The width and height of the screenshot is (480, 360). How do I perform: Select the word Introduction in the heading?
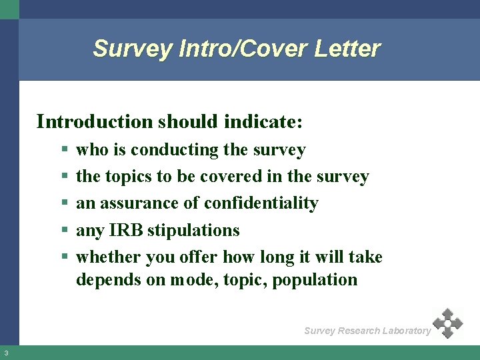coord(94,121)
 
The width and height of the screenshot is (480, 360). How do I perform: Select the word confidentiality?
coord(261,203)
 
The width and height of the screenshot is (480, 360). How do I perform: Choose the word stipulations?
coord(193,231)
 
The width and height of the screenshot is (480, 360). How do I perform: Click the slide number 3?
coord(5,353)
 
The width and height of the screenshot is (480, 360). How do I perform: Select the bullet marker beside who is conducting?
coord(63,151)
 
